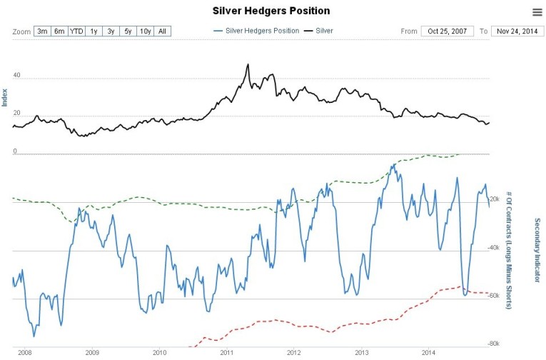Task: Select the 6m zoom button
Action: [59, 31]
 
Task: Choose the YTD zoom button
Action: [76, 31]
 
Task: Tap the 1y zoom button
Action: [93, 31]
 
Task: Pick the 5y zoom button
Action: [128, 31]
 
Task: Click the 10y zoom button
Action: [145, 31]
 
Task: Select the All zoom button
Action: [163, 31]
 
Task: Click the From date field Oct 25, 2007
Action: [447, 31]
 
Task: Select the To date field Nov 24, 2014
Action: [517, 31]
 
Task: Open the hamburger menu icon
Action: [537, 12]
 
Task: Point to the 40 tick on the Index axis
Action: [16, 75]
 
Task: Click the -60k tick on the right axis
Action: [492, 296]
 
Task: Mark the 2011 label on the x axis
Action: [227, 353]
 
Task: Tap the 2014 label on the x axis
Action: [429, 353]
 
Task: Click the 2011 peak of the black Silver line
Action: [248, 64]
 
